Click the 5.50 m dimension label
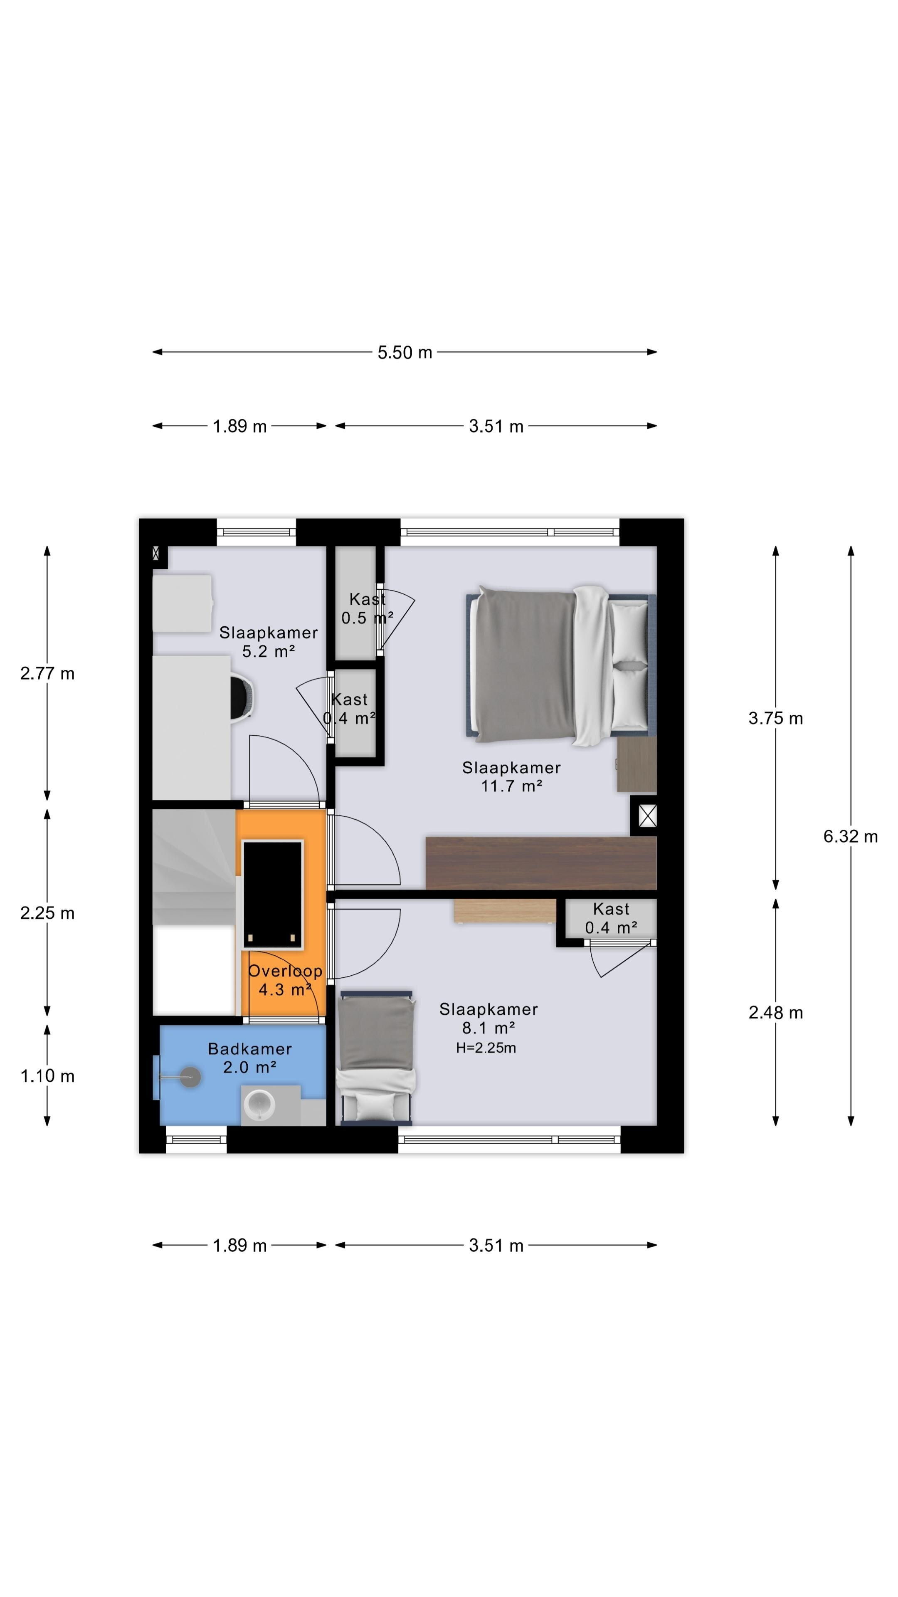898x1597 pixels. (405, 352)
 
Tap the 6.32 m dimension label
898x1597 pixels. (850, 836)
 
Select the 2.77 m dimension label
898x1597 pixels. (47, 673)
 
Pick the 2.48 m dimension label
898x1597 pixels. (775, 1012)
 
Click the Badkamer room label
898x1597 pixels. (250, 1048)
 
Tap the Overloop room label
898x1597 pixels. (285, 971)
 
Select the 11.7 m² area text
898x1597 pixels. (512, 786)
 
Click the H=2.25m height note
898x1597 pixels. (486, 1048)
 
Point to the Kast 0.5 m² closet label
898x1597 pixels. (368, 608)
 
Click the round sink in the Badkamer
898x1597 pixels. (260, 1104)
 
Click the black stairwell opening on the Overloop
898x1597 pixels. (273, 895)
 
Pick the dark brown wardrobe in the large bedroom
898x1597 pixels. (541, 863)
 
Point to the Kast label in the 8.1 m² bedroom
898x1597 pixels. (611, 909)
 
